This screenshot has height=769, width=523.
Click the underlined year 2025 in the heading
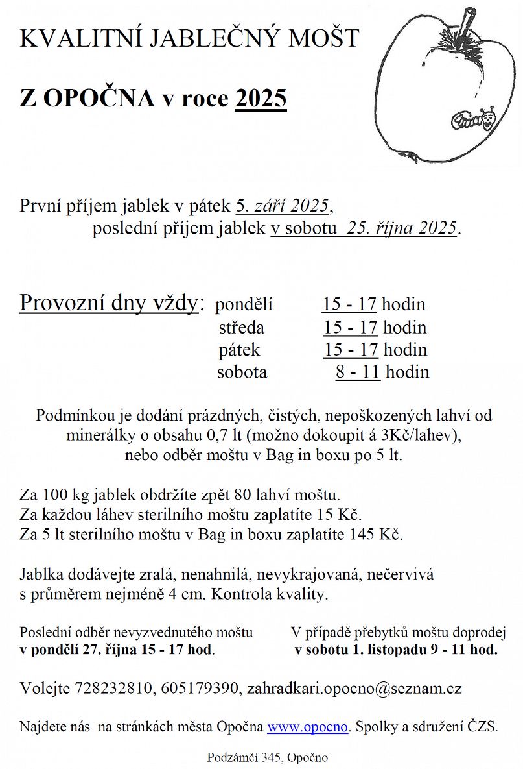[261, 98]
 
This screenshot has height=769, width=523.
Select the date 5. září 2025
[283, 206]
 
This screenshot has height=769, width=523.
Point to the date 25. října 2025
[402, 228]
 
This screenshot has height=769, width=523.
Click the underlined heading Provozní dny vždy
[108, 302]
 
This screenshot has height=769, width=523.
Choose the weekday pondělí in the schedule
[244, 304]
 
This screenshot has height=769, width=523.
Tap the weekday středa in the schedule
[241, 327]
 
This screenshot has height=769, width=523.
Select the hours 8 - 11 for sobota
[357, 372]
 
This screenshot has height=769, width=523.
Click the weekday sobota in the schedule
[242, 372]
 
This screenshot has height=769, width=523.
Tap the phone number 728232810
[112, 688]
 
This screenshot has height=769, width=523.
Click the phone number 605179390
[198, 688]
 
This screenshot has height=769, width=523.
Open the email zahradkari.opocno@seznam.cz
[354, 688]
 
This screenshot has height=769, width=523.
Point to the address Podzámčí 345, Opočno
[268, 757]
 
